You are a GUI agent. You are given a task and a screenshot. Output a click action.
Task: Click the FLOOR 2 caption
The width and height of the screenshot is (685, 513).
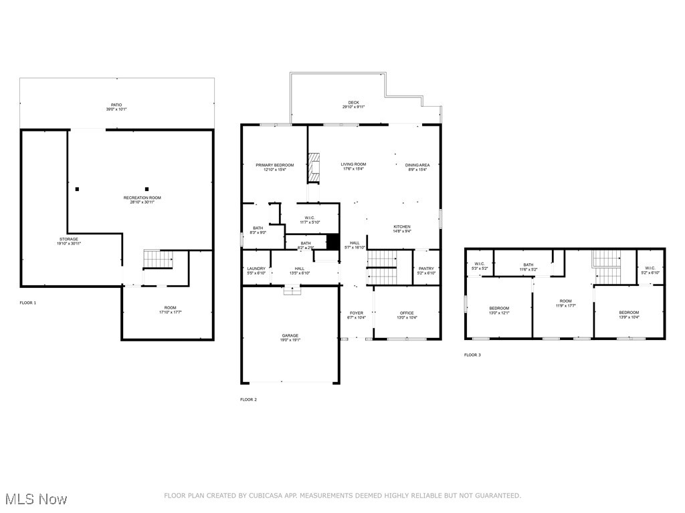point(248,399)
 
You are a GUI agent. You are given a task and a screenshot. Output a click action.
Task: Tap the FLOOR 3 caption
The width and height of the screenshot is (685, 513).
point(472,355)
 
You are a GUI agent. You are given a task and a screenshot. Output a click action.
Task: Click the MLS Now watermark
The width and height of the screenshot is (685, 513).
point(34,499)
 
